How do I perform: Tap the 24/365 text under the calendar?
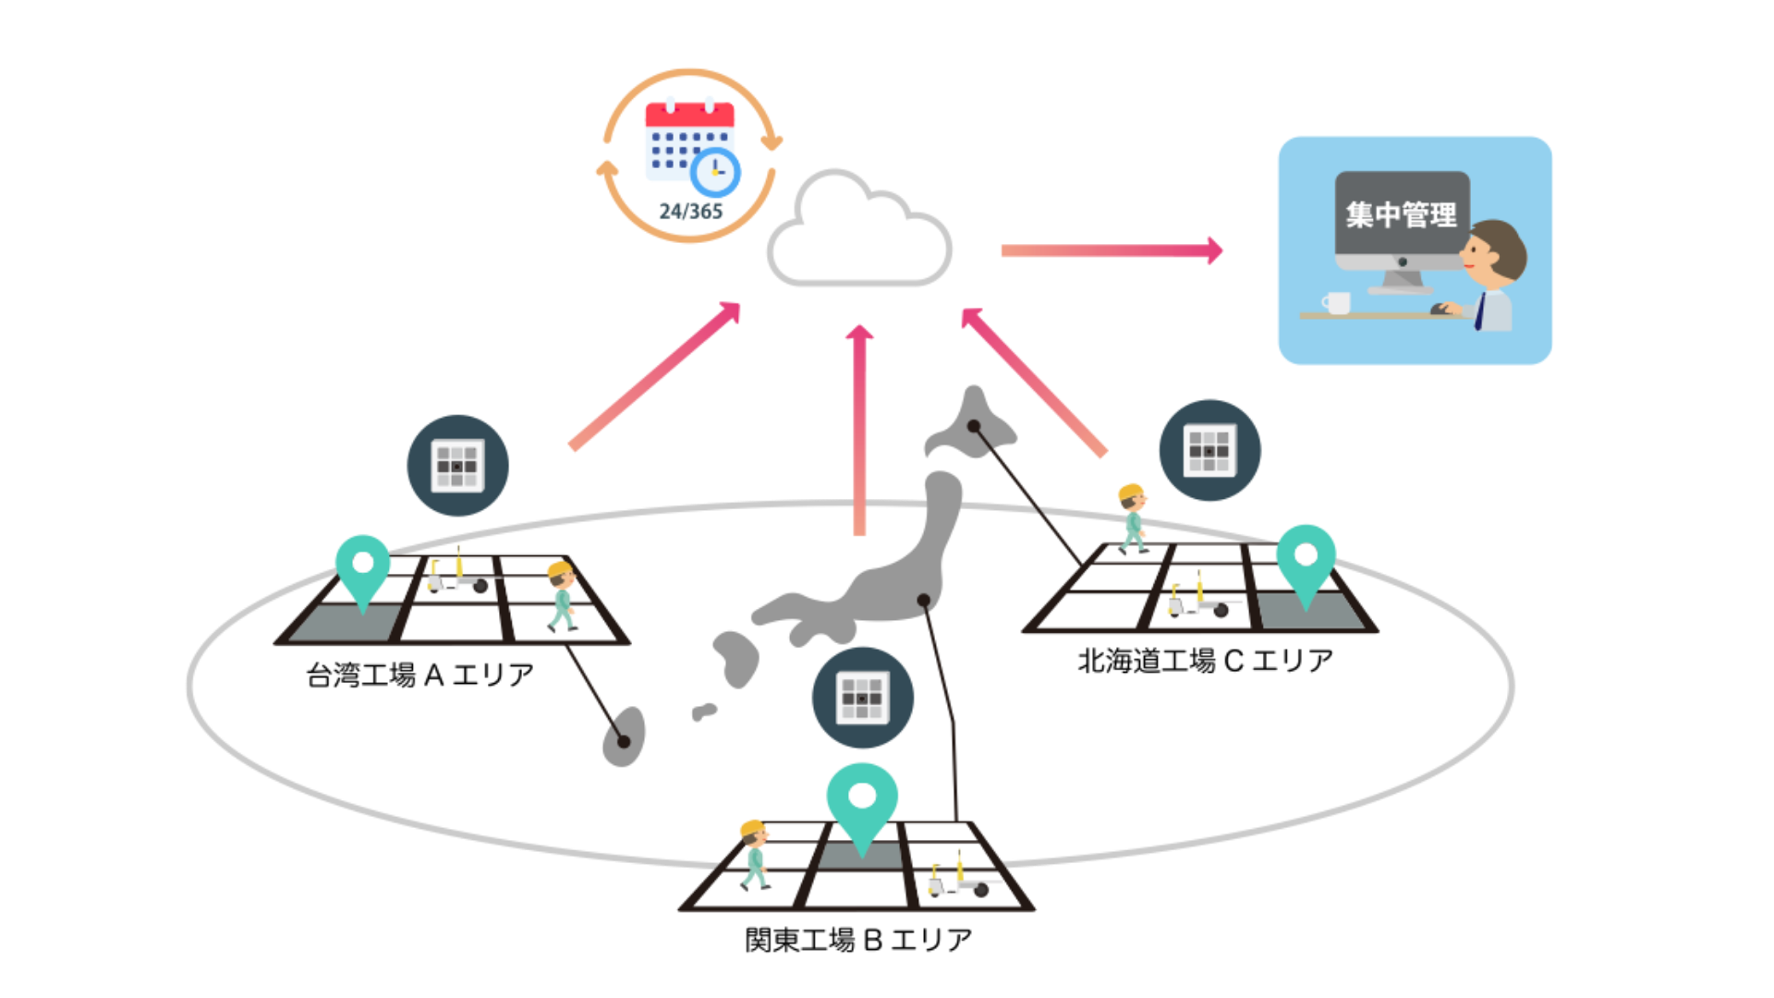click(690, 212)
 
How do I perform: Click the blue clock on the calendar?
click(715, 172)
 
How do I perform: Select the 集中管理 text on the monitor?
click(1401, 215)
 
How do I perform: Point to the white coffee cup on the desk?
click(1335, 302)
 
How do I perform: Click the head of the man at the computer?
click(1493, 251)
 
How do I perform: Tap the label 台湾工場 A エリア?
click(420, 675)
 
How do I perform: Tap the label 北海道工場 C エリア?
click(1206, 661)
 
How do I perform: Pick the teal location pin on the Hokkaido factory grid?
click(1306, 560)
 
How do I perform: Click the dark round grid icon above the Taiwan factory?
click(457, 465)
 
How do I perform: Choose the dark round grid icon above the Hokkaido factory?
click(1209, 450)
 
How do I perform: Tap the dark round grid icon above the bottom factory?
click(862, 698)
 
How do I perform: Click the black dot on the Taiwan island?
click(624, 741)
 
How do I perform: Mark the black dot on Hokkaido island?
click(974, 426)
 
